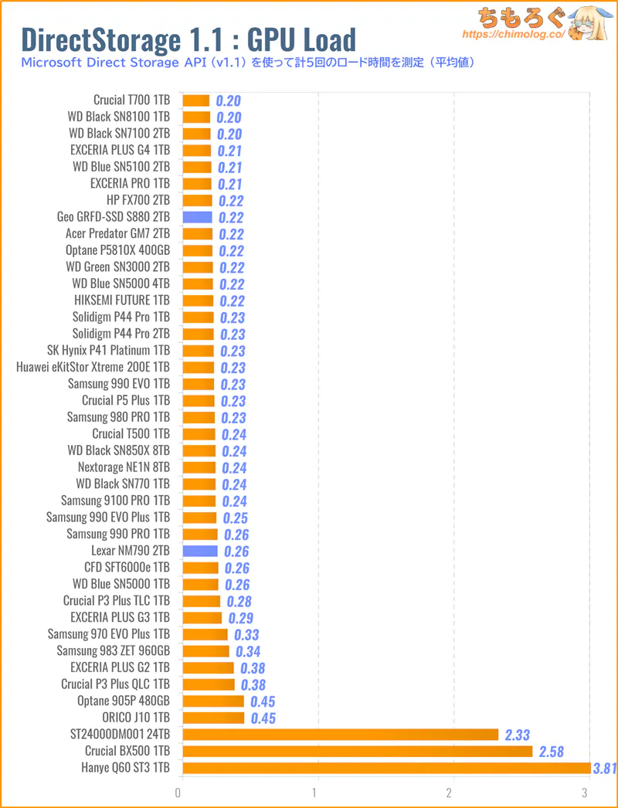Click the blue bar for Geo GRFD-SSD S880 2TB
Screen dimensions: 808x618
(197, 217)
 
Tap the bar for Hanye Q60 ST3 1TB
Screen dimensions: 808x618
(386, 768)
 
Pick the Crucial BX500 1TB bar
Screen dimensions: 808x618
(357, 751)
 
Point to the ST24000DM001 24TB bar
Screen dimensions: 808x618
(340, 735)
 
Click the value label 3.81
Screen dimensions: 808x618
(604, 769)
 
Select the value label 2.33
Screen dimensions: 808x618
(517, 735)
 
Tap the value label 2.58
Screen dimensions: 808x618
(551, 752)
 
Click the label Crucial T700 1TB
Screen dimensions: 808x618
(131, 100)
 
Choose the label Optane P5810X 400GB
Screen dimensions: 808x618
(118, 250)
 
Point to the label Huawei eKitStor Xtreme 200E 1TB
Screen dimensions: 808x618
(93, 367)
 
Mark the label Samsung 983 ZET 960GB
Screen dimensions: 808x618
(114, 650)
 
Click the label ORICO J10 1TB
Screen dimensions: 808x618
(137, 718)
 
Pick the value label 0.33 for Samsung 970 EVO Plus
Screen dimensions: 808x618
(247, 635)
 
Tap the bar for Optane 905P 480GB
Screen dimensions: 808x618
(213, 701)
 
